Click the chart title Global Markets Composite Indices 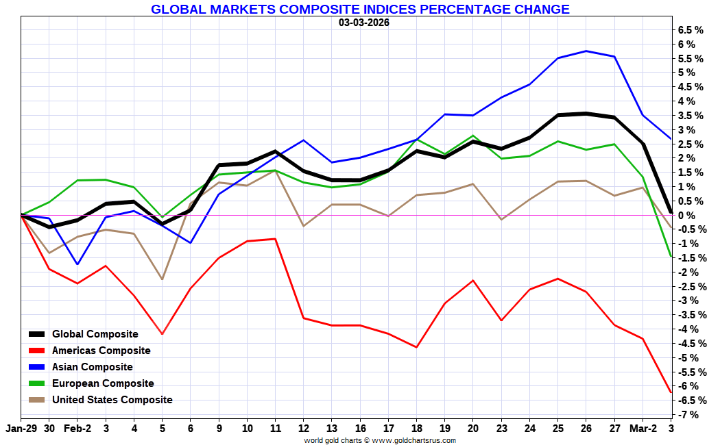point(360,10)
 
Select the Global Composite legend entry point(95,334)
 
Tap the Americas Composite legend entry point(101,351)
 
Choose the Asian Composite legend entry point(92,367)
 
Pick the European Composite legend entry point(103,383)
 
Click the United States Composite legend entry point(112,400)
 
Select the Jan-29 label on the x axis point(20,428)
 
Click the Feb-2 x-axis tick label point(77,428)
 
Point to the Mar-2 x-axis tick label point(643,428)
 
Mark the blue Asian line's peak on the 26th point(586,51)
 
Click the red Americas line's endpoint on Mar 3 point(671,392)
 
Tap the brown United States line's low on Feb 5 point(162,279)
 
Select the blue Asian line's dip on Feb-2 point(77,264)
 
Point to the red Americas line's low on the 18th point(416,347)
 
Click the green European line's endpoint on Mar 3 point(671,257)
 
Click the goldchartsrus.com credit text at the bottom point(380,440)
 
